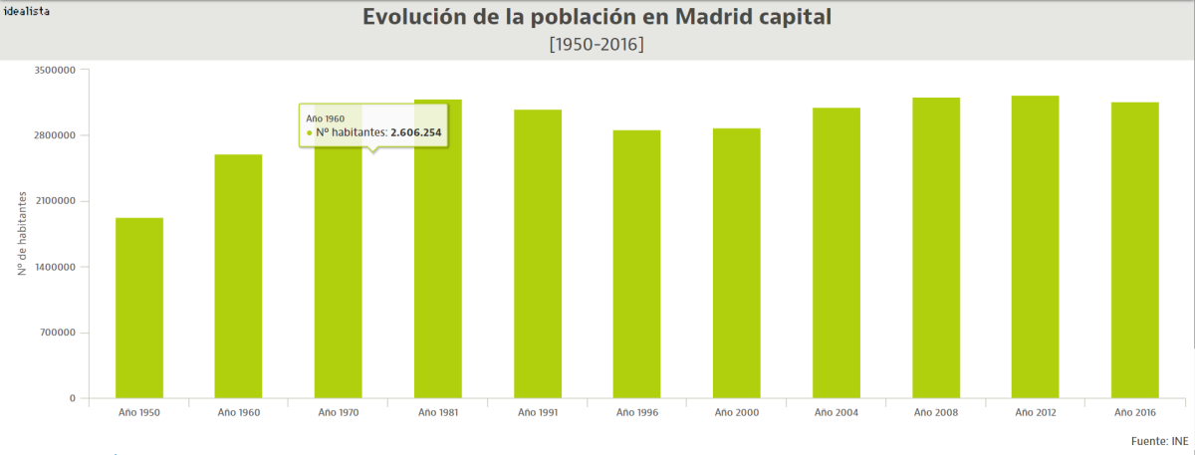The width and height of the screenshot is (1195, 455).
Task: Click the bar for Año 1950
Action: click(139, 308)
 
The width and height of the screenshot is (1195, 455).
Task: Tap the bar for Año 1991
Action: click(538, 254)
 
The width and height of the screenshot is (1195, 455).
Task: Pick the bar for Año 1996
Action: click(637, 264)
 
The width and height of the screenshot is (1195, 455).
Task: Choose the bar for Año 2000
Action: click(737, 263)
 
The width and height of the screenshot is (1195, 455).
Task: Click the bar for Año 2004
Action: click(836, 253)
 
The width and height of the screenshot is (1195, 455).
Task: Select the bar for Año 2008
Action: click(936, 248)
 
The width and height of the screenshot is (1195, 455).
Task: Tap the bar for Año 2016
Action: click(1135, 250)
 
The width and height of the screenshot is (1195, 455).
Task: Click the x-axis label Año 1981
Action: click(438, 412)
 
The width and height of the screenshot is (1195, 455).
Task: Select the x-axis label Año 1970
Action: click(339, 412)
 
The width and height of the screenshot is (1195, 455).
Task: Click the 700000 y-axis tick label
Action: click(57, 333)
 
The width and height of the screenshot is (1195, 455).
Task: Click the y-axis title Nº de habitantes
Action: click(21, 234)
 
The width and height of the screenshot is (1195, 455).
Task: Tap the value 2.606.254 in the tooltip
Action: click(415, 131)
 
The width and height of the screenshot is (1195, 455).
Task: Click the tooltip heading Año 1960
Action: click(326, 117)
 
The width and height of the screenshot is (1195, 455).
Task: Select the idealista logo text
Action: click(27, 9)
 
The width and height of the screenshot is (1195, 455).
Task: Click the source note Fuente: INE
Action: click(1160, 439)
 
